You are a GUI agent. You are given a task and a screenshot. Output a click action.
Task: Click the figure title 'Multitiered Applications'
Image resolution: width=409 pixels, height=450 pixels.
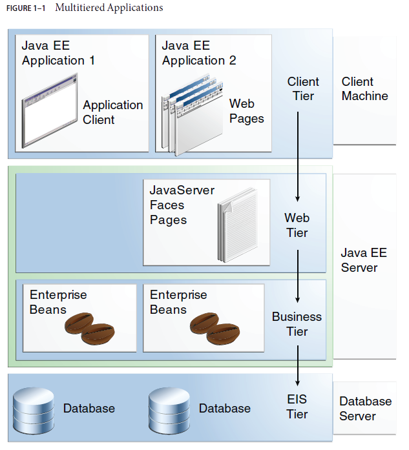coord(109,8)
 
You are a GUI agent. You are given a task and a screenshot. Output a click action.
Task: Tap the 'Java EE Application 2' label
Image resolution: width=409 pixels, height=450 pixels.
coord(199,53)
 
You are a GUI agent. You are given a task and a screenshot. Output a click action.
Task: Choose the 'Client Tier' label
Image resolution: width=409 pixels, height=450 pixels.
coord(303,88)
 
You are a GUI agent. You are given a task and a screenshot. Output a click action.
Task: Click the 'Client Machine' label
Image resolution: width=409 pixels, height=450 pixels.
coord(364,88)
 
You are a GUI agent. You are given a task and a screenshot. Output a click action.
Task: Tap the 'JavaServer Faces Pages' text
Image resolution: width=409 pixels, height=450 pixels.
coord(182,205)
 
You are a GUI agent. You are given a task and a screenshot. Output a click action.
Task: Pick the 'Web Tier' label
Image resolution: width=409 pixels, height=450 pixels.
coord(297,225)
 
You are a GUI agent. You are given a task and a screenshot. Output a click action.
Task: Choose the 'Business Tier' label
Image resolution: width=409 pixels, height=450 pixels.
coord(297,324)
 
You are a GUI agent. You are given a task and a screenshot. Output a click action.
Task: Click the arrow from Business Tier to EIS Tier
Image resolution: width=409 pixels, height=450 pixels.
coord(297,365)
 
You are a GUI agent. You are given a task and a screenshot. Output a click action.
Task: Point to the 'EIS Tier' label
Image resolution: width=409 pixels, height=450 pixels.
coord(297,407)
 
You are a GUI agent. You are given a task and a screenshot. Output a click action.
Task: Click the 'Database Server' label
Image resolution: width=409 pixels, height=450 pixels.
coord(365,408)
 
